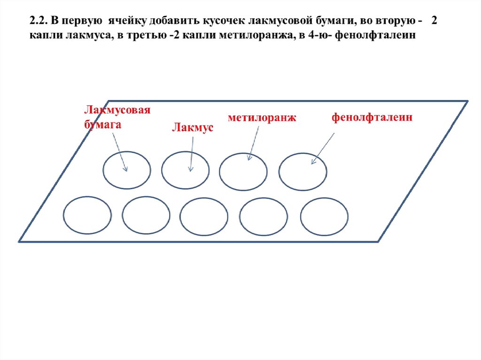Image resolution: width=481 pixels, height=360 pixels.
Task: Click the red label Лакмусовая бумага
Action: point(117,117)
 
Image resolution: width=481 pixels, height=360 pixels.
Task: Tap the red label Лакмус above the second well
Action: point(192,127)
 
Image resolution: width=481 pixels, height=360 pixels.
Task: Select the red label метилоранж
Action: point(262,118)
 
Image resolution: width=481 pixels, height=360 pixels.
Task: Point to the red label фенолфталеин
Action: point(372,117)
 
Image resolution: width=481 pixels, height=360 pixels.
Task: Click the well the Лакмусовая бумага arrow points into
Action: point(127,170)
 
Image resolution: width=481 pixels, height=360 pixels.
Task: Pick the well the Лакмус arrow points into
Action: point(185,170)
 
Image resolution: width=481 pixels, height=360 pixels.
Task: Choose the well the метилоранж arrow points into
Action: point(243,170)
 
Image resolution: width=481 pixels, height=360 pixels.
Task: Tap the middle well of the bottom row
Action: point(203,217)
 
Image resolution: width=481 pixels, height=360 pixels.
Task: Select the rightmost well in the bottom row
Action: point(324,217)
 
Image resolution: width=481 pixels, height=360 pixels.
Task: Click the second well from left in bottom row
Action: point(146,216)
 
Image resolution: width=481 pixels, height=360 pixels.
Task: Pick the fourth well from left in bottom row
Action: point(263,217)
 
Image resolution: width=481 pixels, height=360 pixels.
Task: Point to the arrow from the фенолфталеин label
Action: point(323,148)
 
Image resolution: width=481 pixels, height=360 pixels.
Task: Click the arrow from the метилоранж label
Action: point(254,143)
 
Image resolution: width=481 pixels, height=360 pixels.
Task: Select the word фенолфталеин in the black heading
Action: point(379,37)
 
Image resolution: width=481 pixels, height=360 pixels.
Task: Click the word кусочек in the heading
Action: point(223,22)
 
